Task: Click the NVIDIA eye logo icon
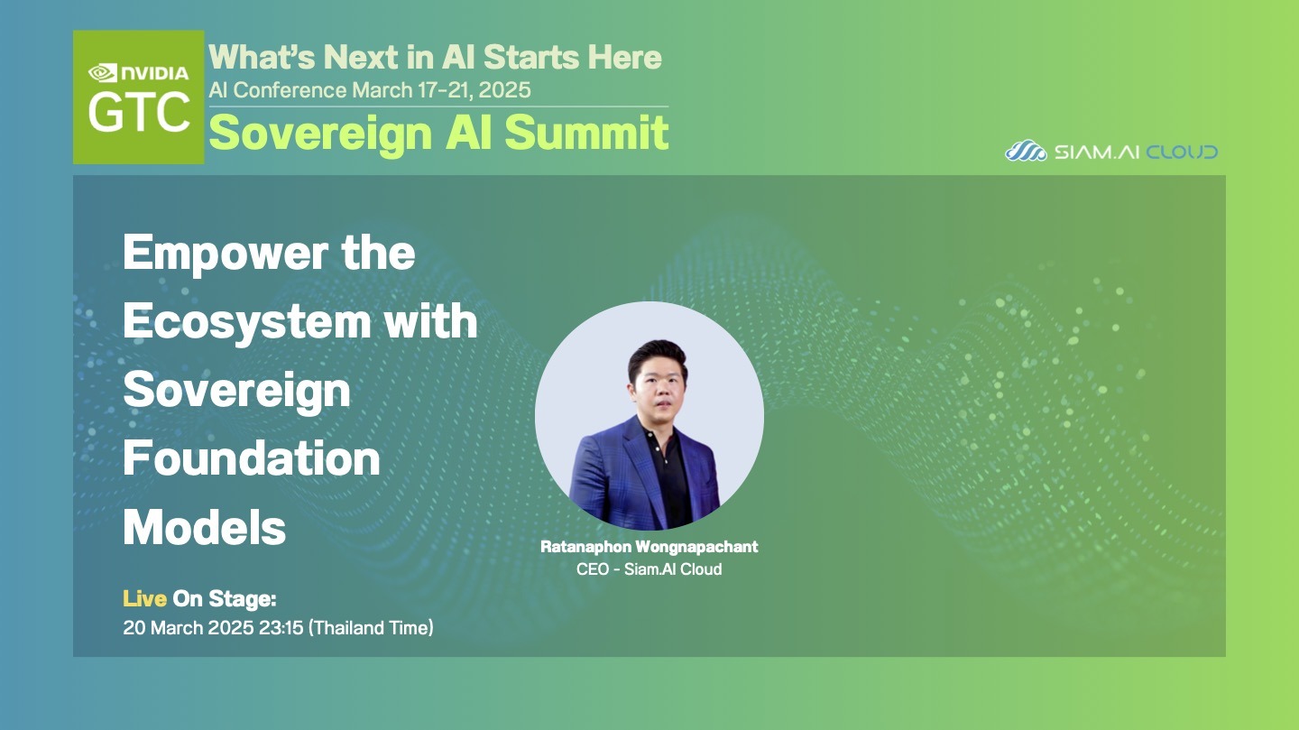(103, 73)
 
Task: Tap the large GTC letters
(139, 113)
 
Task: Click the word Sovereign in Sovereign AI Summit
(321, 134)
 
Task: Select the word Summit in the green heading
(587, 133)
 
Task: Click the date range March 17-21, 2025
(441, 90)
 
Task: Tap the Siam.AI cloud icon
(1026, 151)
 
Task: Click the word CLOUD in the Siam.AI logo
(1182, 152)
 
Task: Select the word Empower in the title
(226, 254)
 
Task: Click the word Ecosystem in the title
(247, 322)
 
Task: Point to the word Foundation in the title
(252, 458)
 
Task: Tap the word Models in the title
(204, 527)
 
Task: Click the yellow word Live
(144, 599)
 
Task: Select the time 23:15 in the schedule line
(281, 628)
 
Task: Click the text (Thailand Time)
(371, 628)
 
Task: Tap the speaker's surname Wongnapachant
(696, 547)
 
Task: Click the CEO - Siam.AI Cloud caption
(649, 568)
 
